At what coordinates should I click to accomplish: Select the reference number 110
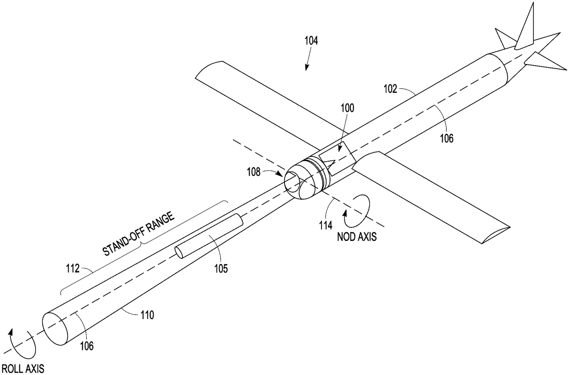(x=145, y=314)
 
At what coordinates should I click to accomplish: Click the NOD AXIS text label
(x=357, y=237)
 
